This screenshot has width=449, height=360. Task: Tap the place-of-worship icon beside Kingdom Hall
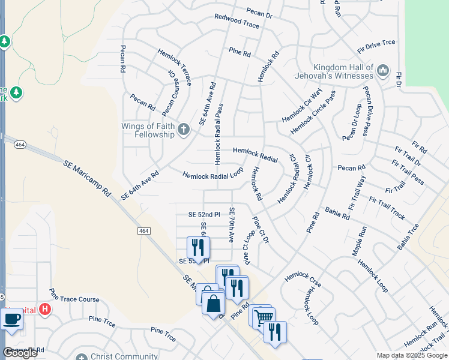click(382, 72)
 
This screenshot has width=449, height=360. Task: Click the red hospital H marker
click(44, 310)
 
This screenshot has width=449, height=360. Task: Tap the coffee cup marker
click(11, 319)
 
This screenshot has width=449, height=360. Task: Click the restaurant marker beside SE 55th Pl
click(198, 248)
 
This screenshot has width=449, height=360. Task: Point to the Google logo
click(20, 353)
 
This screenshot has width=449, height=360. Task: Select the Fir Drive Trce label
click(376, 42)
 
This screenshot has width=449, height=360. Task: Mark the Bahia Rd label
click(337, 213)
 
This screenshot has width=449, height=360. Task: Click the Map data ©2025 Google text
click(411, 355)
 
